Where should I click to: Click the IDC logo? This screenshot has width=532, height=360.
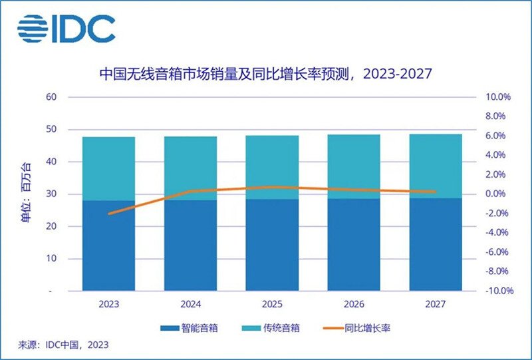[66, 28]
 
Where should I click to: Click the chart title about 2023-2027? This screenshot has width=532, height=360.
[266, 73]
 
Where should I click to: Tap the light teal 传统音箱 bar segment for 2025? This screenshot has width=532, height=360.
[272, 167]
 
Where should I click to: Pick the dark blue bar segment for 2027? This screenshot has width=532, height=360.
[436, 244]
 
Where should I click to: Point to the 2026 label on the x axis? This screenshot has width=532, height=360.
[354, 305]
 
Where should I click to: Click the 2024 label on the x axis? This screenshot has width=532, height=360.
[190, 305]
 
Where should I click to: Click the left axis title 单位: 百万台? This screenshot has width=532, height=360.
[25, 194]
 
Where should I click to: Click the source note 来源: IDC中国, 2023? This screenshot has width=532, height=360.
[63, 345]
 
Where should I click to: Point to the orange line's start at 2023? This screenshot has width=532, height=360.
[108, 214]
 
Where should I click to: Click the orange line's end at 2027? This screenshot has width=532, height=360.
[436, 192]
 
